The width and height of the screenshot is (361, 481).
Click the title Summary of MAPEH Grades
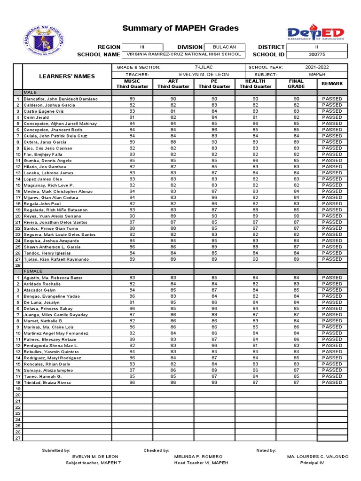[x=180, y=29]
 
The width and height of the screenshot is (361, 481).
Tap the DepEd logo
[x=315, y=34]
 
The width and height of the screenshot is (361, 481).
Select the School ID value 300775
[x=318, y=54]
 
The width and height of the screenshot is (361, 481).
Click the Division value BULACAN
[x=225, y=47]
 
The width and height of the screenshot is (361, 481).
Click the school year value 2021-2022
[x=318, y=68]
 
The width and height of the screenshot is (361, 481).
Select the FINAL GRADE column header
[x=296, y=84]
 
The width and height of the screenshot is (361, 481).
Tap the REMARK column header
[x=332, y=84]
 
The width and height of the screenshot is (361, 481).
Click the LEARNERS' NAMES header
[x=67, y=76]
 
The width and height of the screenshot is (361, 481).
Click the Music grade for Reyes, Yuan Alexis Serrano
[x=132, y=216]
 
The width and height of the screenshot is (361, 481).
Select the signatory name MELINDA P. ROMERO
[x=198, y=457]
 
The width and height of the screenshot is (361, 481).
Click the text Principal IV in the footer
[x=312, y=463]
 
